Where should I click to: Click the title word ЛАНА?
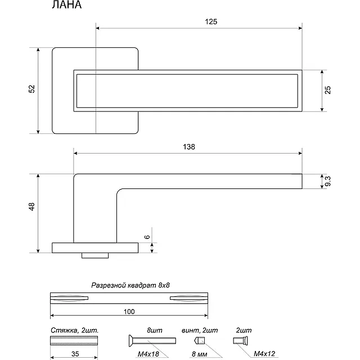point(67,4)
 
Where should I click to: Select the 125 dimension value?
point(211,21)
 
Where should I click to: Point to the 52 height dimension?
point(32,89)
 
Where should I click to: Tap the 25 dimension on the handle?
point(328,90)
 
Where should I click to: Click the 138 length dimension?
point(189,147)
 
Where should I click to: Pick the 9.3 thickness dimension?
point(328,181)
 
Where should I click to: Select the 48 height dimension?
point(32,206)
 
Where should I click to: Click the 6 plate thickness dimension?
point(147,236)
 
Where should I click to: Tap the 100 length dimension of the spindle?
point(129,312)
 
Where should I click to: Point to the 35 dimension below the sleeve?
point(75,354)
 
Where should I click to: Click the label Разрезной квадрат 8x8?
point(130,285)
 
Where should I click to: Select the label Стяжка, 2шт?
point(74,330)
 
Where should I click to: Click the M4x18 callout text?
point(148,354)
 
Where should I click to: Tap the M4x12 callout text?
point(264,354)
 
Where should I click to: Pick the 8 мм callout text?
point(200,354)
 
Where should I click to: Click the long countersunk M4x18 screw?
point(152,341)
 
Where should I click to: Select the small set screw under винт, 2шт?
point(200,340)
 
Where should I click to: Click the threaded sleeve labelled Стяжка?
point(74,340)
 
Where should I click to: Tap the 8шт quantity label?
point(155,330)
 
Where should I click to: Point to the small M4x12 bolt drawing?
point(240,340)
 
